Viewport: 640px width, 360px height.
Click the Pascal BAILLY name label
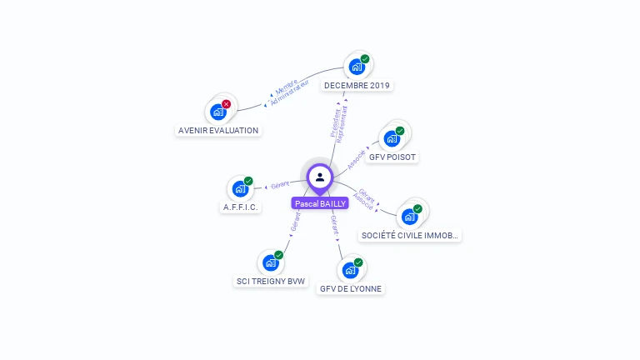320,203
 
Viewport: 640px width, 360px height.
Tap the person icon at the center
320,177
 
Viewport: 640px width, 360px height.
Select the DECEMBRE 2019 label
357,85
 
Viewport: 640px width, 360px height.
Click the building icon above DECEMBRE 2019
356,67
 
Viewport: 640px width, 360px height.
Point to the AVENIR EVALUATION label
218,130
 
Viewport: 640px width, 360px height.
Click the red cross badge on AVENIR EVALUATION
226,104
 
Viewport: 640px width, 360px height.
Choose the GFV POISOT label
392,157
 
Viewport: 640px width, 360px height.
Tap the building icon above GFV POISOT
392,138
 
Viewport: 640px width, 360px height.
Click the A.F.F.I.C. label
241,207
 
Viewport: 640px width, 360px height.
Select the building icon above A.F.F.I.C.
240,188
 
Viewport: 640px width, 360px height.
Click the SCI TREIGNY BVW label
271,281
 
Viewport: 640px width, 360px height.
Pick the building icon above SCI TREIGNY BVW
270,262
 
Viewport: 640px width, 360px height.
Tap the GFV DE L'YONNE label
351,288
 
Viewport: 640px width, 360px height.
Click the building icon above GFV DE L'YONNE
350,270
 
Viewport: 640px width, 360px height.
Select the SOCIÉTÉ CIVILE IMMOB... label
410,236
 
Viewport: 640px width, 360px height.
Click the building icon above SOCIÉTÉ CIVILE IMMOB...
409,217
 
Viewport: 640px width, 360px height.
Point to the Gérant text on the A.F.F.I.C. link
280,183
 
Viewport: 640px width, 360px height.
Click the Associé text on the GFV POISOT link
357,160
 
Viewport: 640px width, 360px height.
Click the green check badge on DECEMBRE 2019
365,59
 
